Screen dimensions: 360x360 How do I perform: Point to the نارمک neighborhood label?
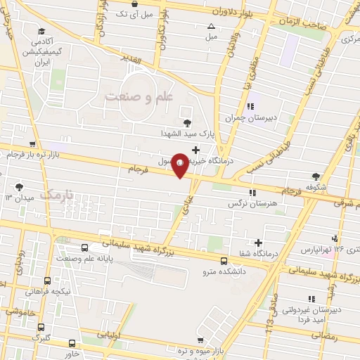coord(56,193)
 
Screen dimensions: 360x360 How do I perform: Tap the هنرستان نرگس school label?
coord(243,203)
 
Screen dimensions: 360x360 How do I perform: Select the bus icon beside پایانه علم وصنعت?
coord(85,248)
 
